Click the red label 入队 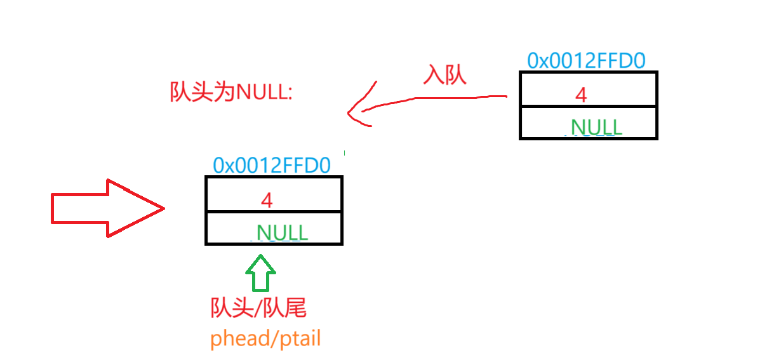(445, 75)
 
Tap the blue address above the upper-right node (587, 61)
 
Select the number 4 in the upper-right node (581, 95)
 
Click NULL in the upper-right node (596, 127)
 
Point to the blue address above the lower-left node (272, 165)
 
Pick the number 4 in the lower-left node (267, 201)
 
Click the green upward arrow (260, 273)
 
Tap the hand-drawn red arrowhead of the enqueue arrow (359, 107)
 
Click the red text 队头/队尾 (258, 309)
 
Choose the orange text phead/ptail (265, 338)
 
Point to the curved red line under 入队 (444, 98)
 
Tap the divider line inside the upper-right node (588, 106)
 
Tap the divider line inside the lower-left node (274, 211)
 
